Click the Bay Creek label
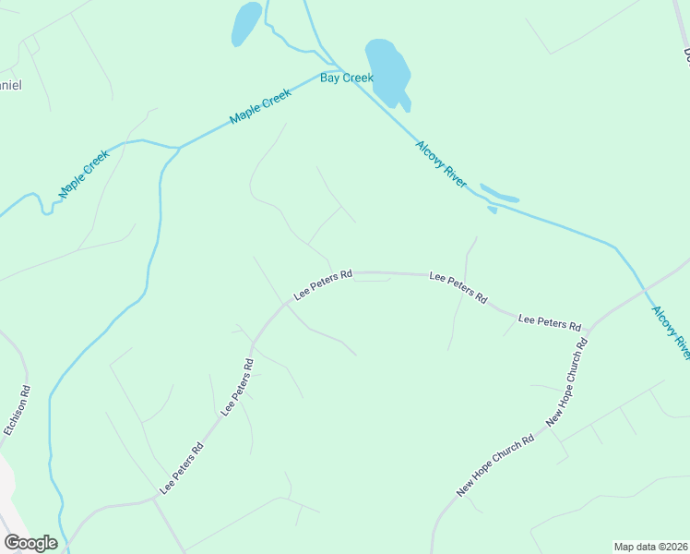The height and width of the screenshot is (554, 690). [346, 78]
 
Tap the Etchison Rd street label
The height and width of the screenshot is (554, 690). [18, 411]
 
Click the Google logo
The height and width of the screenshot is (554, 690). [30, 543]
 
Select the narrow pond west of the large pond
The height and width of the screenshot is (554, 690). [246, 23]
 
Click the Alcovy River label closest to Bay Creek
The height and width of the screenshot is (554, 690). [441, 164]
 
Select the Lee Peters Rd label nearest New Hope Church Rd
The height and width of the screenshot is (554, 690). [550, 322]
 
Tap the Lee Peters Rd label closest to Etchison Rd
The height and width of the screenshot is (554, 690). [182, 468]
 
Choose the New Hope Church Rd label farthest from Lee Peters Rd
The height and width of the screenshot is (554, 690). [495, 466]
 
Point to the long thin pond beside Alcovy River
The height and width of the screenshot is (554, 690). [499, 195]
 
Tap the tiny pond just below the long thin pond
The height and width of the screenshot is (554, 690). [492, 210]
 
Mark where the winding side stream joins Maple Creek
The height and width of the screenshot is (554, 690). [177, 147]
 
